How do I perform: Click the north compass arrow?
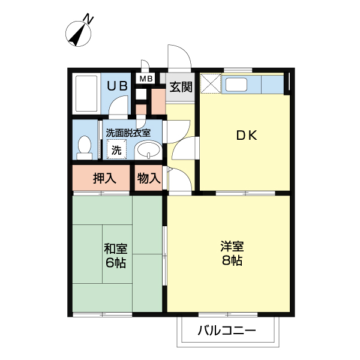point(78,35)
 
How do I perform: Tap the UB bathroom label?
point(117,86)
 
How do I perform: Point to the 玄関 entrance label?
point(181,86)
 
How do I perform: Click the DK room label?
point(245,136)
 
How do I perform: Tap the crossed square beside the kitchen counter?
point(211,83)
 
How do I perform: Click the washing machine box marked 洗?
point(116,149)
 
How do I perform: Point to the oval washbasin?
point(148,150)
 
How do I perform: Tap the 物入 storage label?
point(148,178)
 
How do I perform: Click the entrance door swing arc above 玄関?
point(180,57)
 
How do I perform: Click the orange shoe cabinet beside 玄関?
point(158,101)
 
